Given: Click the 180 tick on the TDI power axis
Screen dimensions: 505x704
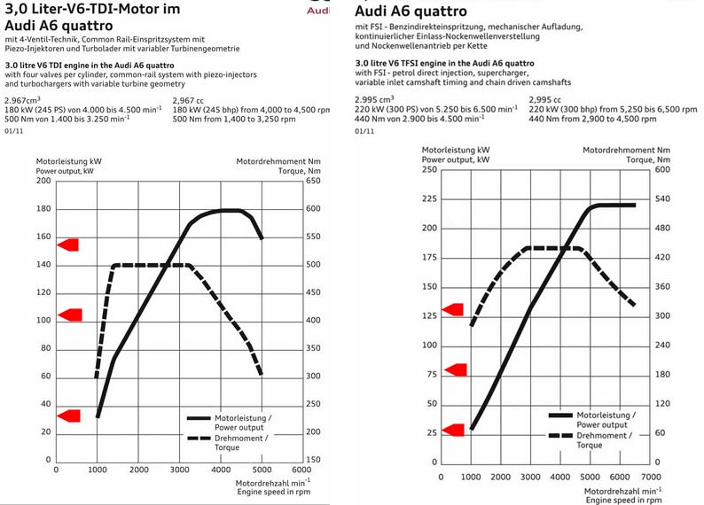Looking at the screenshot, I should [x=43, y=209].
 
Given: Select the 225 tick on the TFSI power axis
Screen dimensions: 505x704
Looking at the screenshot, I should [x=429, y=199].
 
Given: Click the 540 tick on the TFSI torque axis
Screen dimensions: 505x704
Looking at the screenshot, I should [x=663, y=199].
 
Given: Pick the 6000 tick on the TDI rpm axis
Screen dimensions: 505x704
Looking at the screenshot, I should [x=303, y=470].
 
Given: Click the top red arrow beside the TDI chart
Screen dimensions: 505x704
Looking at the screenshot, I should [x=69, y=245].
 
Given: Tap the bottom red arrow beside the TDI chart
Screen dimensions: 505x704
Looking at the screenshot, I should [x=69, y=414].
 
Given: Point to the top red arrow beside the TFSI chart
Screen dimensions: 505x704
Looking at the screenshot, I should [x=452, y=309].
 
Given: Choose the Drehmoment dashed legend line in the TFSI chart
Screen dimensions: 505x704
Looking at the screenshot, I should [x=560, y=435].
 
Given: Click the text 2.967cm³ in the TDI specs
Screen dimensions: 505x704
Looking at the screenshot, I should [x=22, y=100].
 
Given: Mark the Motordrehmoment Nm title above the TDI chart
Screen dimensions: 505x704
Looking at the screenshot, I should [x=278, y=162].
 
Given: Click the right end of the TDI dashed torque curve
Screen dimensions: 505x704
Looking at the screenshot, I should [x=262, y=375].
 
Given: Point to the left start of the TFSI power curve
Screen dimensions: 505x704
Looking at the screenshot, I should [x=472, y=430].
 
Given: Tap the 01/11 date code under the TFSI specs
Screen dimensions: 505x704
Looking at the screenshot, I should [x=364, y=130].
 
